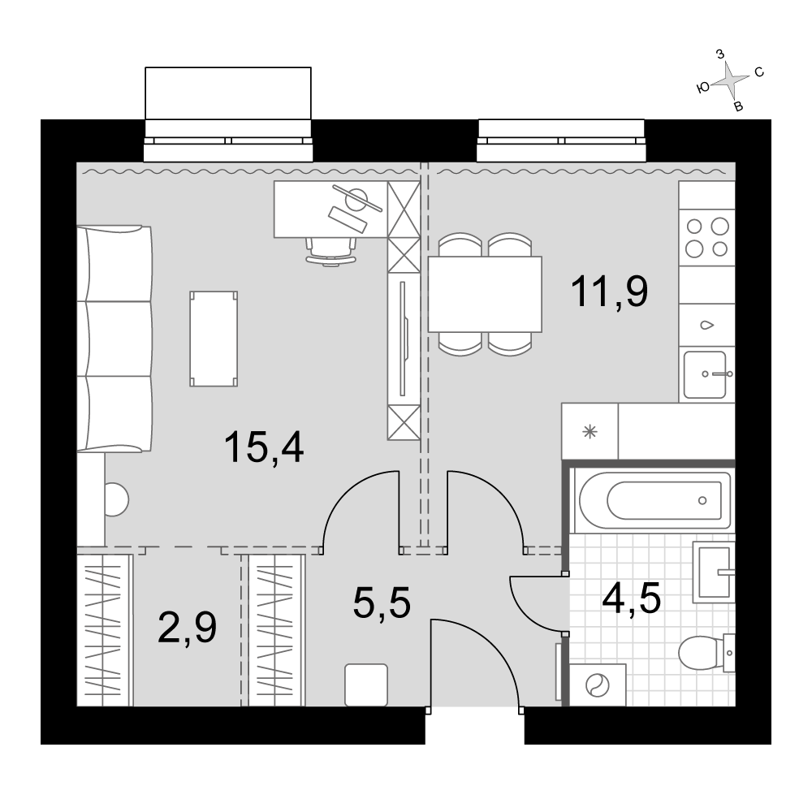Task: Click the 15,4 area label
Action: point(264,447)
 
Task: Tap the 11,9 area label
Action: point(609,292)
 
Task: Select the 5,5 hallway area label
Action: point(382,603)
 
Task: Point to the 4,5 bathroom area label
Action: point(631,598)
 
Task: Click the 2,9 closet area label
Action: point(187,627)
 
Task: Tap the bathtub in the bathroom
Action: point(655,500)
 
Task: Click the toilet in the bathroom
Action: point(706,653)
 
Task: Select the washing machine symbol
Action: point(598,685)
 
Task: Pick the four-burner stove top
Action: point(707,238)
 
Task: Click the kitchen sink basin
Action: point(705,374)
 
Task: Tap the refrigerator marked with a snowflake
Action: point(590,431)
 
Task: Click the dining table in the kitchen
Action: point(485,294)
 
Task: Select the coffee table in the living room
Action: point(214,339)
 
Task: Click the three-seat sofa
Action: point(114,339)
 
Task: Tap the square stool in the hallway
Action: point(366,685)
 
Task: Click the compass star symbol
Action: point(730,80)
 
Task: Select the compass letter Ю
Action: point(703,88)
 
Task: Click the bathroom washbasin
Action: point(714,572)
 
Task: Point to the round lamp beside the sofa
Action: point(117,499)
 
